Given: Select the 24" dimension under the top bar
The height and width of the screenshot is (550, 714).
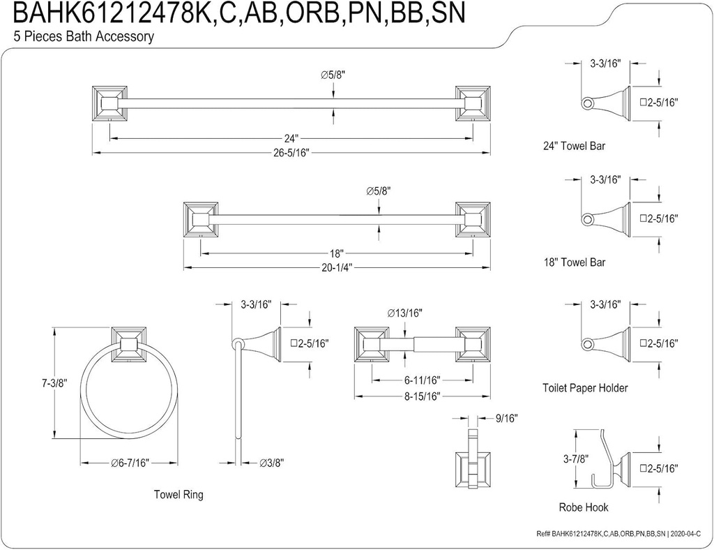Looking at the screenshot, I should pyautogui.click(x=291, y=138).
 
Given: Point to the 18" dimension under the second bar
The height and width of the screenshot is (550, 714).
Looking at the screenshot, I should pyautogui.click(x=337, y=254).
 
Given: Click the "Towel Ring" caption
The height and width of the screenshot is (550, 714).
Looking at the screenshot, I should pyautogui.click(x=178, y=495).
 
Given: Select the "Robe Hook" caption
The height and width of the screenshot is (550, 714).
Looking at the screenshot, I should pyautogui.click(x=583, y=507).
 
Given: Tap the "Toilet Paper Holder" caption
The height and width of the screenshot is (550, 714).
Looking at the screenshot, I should pyautogui.click(x=585, y=387).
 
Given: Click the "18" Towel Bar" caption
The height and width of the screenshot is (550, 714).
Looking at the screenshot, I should pyautogui.click(x=574, y=262).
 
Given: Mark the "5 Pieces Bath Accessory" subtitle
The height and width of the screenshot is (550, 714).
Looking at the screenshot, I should pyautogui.click(x=84, y=36).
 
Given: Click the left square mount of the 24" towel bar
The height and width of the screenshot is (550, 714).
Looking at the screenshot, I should pyautogui.click(x=110, y=104).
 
